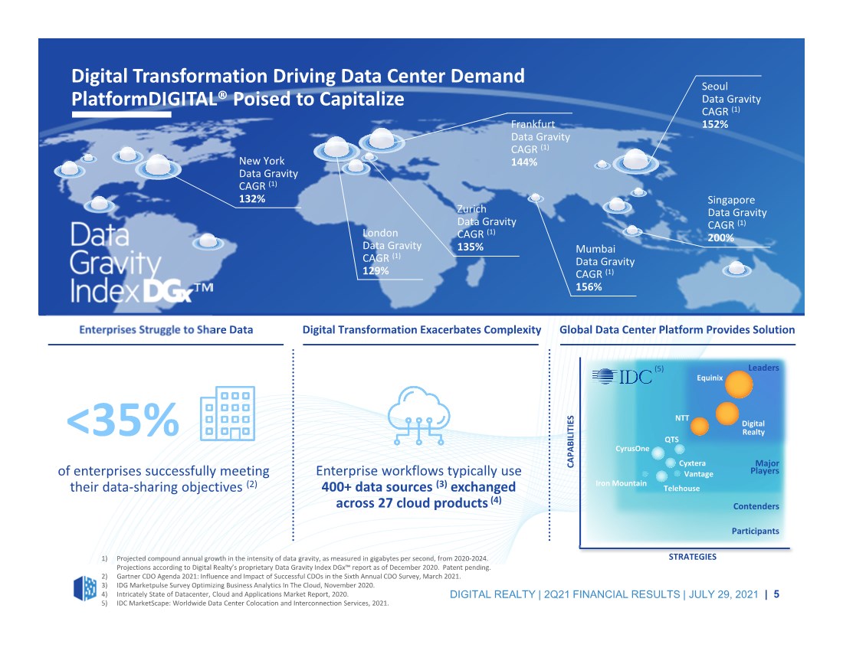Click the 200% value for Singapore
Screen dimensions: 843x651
tap(720, 237)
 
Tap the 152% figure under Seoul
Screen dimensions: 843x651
tap(714, 124)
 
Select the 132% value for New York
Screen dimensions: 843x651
tap(252, 198)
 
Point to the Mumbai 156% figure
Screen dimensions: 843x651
tap(589, 287)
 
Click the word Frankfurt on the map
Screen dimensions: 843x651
tap(533, 124)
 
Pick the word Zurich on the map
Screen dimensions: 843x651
tap(471, 209)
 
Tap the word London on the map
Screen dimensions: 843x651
tap(380, 233)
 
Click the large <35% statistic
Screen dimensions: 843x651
tap(123, 420)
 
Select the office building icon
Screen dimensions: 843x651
tap(228, 414)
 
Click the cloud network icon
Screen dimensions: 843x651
tap(418, 415)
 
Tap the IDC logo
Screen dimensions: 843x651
tap(622, 376)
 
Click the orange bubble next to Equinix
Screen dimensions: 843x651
tap(739, 384)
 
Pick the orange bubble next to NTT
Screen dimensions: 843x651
tap(699, 427)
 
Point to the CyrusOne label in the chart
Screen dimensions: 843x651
tap(632, 449)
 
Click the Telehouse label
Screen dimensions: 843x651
tap(681, 489)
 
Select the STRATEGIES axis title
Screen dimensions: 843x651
tap(693, 557)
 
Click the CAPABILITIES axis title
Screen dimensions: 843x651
tap(570, 441)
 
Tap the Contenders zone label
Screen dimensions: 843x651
tap(756, 506)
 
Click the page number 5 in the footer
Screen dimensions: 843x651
tap(776, 594)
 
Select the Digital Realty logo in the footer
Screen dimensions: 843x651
tap(85, 588)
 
